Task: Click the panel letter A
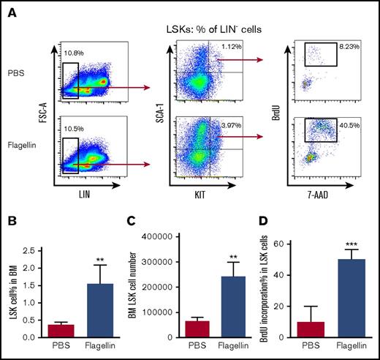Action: (9, 10)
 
